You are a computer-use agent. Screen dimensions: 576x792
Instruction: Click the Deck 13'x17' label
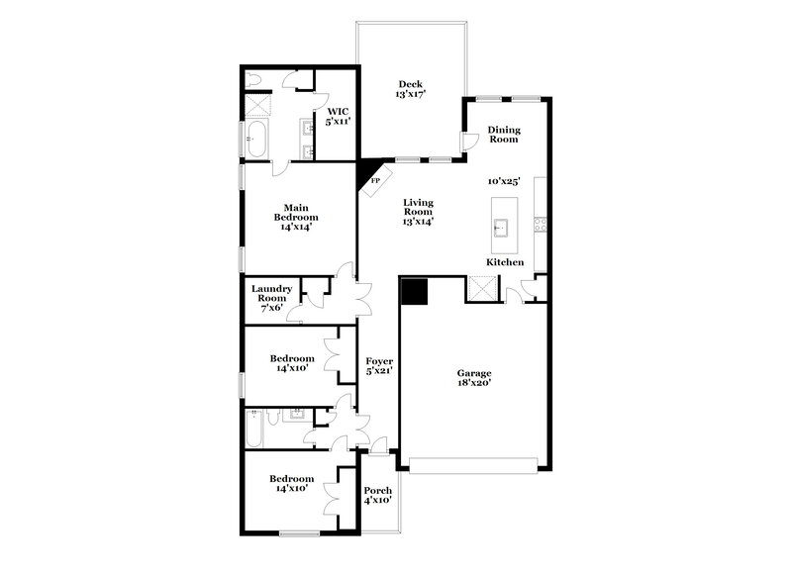(410, 90)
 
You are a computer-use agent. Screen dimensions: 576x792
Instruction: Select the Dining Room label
(504, 135)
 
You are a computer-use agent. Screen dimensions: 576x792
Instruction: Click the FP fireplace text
(375, 182)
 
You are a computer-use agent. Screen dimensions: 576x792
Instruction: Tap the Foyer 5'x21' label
(379, 366)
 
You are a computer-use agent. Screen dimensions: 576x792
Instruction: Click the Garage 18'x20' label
(474, 378)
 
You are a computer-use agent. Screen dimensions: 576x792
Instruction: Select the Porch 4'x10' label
(378, 497)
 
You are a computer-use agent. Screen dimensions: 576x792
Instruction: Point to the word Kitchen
(504, 262)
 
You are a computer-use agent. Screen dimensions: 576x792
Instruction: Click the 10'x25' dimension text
(505, 182)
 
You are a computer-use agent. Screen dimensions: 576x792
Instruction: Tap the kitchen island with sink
(501, 229)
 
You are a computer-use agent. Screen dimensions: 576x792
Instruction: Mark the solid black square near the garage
(413, 291)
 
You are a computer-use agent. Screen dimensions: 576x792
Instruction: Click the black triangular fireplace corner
(365, 169)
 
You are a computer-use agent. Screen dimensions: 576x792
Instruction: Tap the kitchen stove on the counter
(541, 225)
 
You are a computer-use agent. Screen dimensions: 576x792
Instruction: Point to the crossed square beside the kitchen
(482, 289)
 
